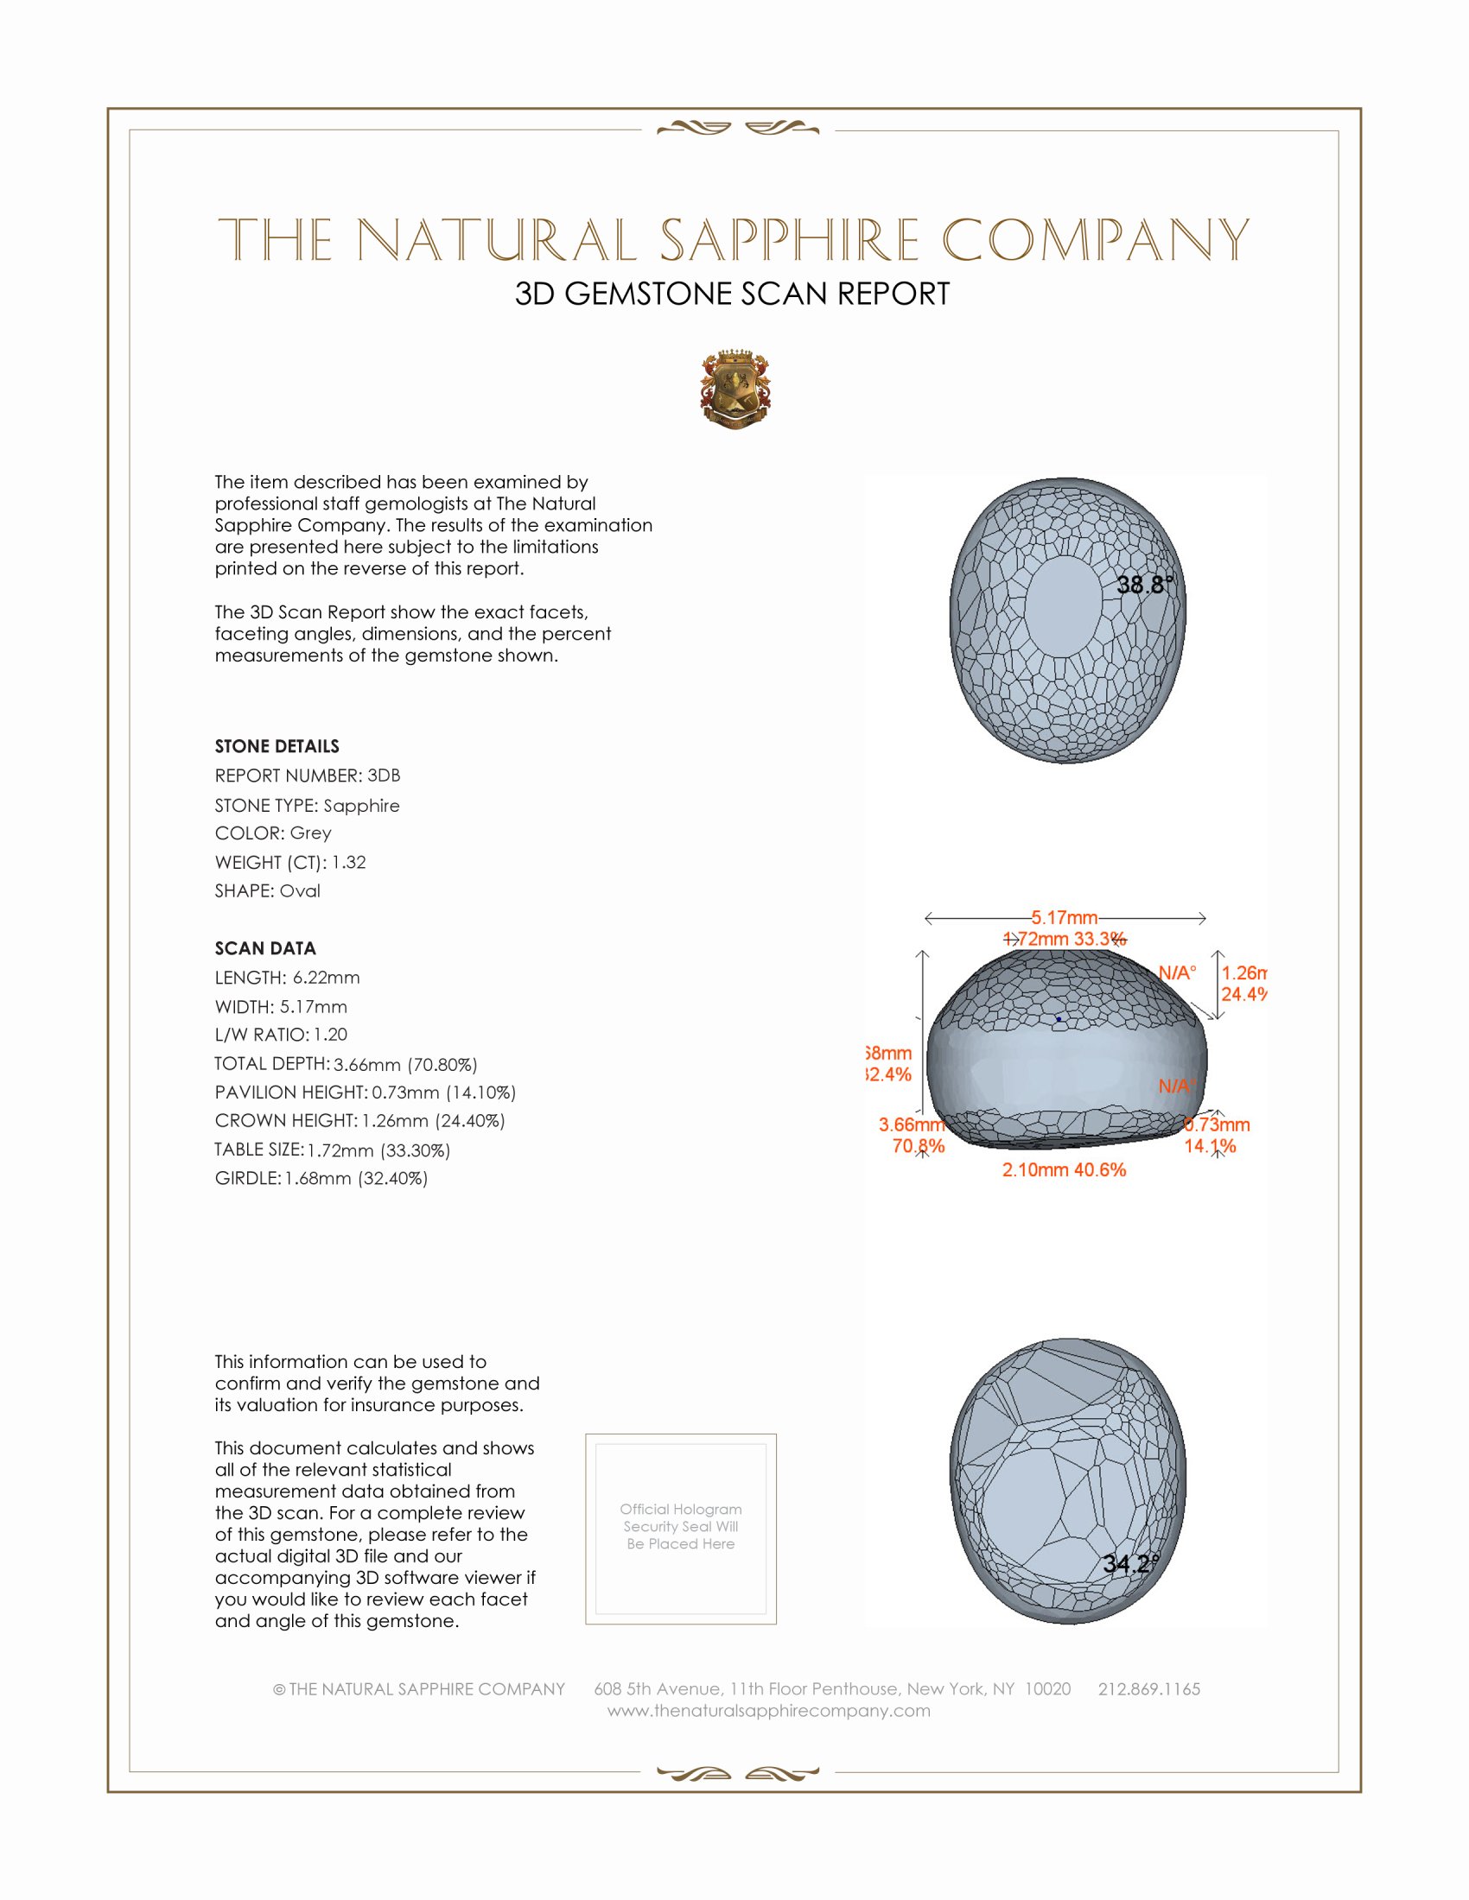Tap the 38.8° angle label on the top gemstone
coord(1144,585)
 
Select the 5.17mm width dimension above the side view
coord(1065,918)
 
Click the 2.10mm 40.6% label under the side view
coord(1064,1170)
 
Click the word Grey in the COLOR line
coord(311,833)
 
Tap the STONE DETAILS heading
coord(277,746)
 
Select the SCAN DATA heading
coord(265,948)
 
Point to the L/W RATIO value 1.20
coord(330,1035)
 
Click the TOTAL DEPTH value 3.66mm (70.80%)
coord(405,1064)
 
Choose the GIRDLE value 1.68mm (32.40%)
coord(356,1179)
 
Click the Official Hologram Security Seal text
coord(681,1527)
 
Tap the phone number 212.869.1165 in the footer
coord(1148,1688)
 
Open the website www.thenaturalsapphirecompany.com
coord(768,1711)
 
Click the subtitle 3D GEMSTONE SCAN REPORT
coord(732,294)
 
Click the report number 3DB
coord(384,776)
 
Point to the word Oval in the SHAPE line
coord(299,891)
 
